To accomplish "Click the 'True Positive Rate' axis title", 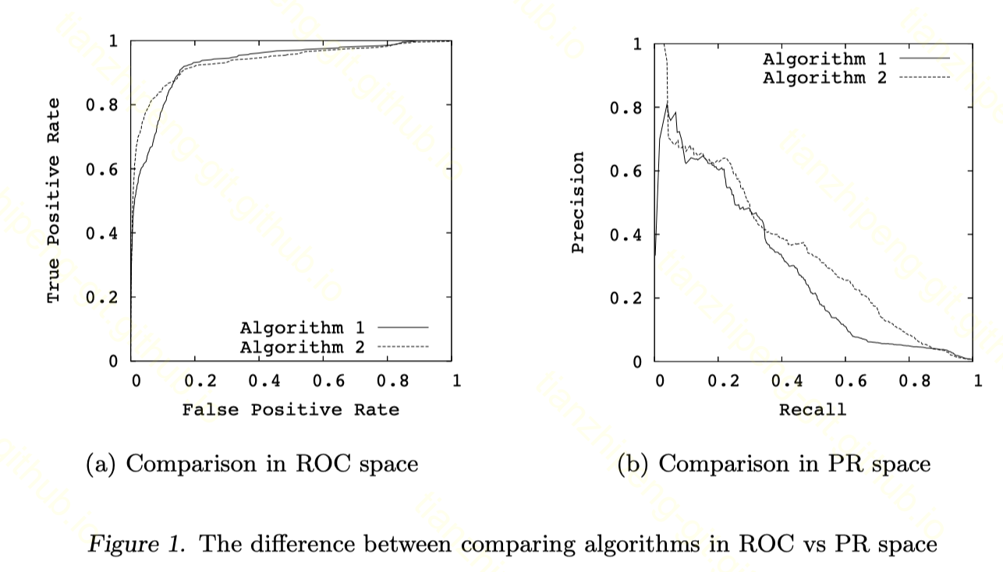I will [x=53, y=200].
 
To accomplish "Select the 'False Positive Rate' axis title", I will [x=290, y=409].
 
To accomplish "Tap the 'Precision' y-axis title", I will [x=578, y=202].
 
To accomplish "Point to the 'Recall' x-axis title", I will [x=812, y=409].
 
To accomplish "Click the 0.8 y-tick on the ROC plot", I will [x=101, y=105].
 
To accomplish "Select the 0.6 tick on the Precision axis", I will [x=626, y=171].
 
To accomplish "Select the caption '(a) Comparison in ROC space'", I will [x=251, y=464].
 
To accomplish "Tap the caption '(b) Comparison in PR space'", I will [x=774, y=464].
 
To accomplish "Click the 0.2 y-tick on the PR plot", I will [x=626, y=298].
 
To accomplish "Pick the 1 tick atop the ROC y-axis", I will [x=114, y=41].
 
